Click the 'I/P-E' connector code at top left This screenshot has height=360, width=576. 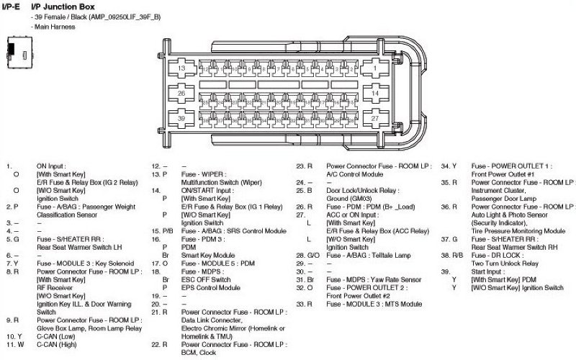tap(11, 6)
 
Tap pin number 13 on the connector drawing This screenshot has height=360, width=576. tap(182, 68)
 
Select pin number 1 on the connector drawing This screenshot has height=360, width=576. tap(376, 68)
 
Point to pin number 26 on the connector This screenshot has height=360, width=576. tap(182, 94)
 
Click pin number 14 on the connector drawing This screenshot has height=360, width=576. tap(376, 94)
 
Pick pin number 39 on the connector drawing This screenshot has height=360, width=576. tap(182, 118)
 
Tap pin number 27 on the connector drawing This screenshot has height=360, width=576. tap(376, 118)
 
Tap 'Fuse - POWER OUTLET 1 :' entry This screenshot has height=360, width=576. tap(510, 166)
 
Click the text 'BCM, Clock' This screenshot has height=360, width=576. tap(199, 353)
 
